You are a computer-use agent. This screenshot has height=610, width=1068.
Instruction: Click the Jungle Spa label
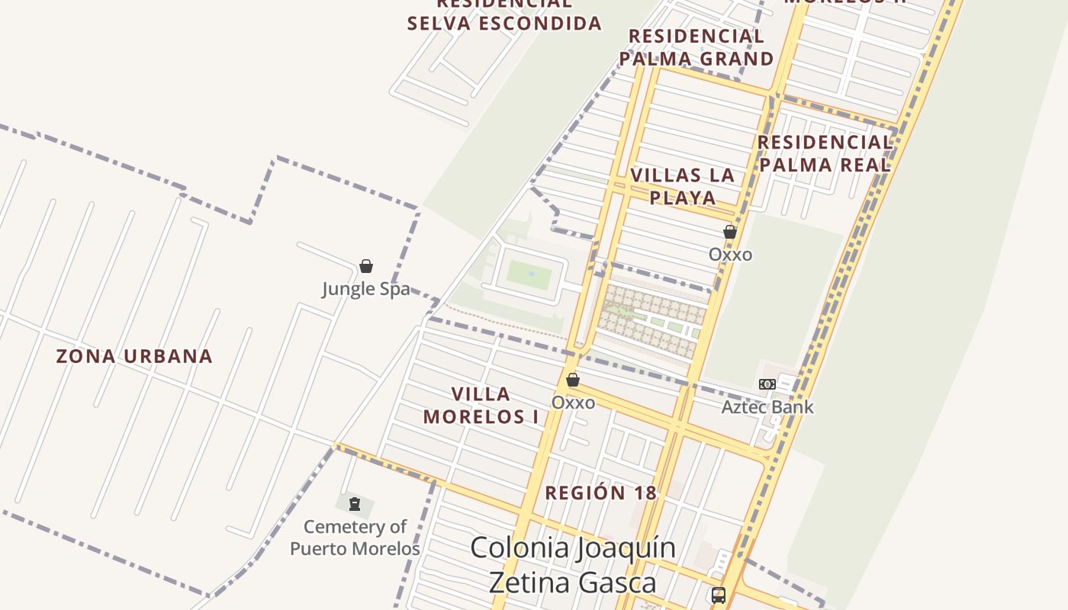[365, 289]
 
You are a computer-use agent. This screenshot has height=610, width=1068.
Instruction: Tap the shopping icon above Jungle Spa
[366, 266]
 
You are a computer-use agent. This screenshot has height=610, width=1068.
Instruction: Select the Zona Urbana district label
[134, 356]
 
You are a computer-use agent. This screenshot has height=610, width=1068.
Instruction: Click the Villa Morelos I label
[481, 405]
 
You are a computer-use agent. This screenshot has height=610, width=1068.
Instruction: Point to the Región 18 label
[600, 493]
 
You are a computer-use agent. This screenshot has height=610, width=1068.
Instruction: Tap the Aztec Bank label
[767, 407]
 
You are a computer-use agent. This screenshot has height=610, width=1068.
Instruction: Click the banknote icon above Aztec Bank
[767, 384]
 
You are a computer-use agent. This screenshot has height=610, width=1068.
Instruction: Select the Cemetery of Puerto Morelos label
[355, 538]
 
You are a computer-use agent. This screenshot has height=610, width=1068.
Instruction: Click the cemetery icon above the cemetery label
[355, 504]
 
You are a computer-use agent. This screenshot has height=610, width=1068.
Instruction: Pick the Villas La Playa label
[683, 186]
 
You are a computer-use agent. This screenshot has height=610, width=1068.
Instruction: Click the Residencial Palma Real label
[825, 153]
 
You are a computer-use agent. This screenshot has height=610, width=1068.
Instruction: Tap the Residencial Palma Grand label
[696, 47]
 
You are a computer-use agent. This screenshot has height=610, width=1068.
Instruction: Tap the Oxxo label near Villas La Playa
[730, 255]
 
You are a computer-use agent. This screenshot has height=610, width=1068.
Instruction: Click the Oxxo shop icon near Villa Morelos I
[573, 380]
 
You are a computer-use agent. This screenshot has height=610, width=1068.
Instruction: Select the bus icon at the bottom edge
[718, 596]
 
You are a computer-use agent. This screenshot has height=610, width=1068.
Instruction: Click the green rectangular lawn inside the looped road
[529, 274]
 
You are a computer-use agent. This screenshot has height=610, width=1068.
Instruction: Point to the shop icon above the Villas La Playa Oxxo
[730, 232]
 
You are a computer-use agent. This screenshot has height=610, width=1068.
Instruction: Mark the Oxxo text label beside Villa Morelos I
[573, 402]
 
